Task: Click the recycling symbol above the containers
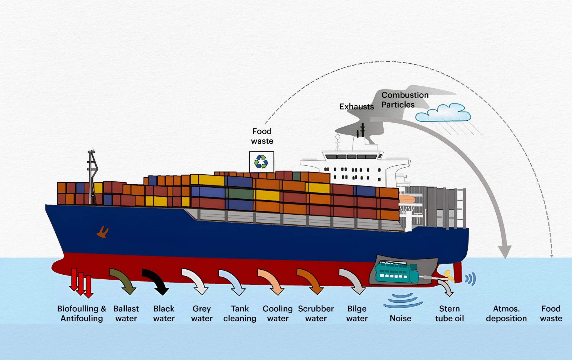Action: coord(261,162)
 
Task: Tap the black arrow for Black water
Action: coord(156,281)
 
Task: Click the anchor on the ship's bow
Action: coord(103,232)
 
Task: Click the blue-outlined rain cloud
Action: coord(443,113)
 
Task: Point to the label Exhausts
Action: coord(357,107)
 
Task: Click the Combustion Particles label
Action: coord(405,100)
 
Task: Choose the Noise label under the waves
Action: coord(400,318)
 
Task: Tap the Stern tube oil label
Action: coord(449,314)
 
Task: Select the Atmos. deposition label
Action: coord(506,314)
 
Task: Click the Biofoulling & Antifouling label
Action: coord(82,314)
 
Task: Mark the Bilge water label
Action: coord(357,314)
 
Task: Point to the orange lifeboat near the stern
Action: coord(407,199)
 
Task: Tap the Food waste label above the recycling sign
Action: coord(262,136)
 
